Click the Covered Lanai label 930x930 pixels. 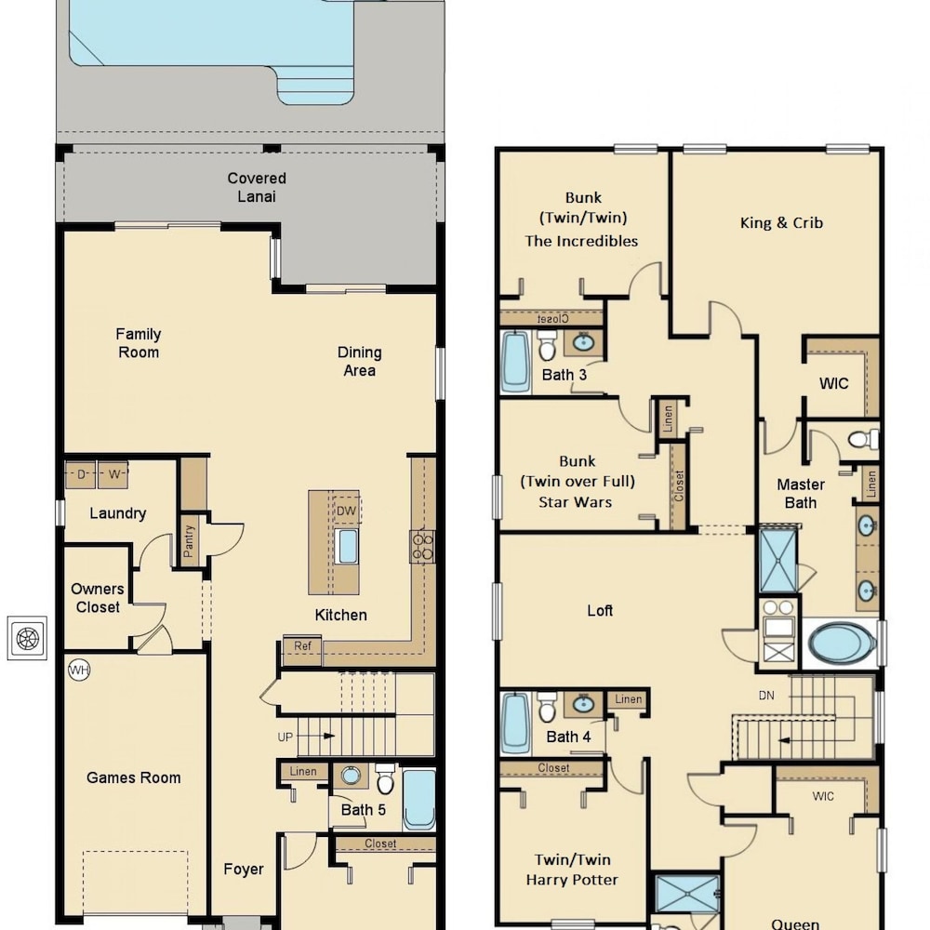pos(257,188)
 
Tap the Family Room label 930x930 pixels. pos(139,343)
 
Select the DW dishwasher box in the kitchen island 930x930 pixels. pos(346,511)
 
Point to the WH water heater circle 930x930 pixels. pos(79,671)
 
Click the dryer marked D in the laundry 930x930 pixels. pos(81,474)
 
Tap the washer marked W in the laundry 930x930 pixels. pos(113,474)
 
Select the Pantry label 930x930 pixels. pos(189,540)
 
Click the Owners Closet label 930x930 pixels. pos(98,598)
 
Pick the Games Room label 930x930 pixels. pos(133,777)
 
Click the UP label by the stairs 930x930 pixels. pos(285,737)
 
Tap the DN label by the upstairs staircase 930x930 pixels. pos(766,696)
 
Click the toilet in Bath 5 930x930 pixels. pos(386,778)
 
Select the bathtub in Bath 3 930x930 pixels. pos(515,362)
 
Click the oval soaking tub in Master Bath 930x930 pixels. pos(841,644)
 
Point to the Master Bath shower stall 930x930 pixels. pos(778,561)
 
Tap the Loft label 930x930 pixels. pos(600,610)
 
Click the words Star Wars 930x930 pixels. pos(575,502)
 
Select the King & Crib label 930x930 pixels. pos(781,223)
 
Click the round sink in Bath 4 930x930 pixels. pos(584,704)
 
